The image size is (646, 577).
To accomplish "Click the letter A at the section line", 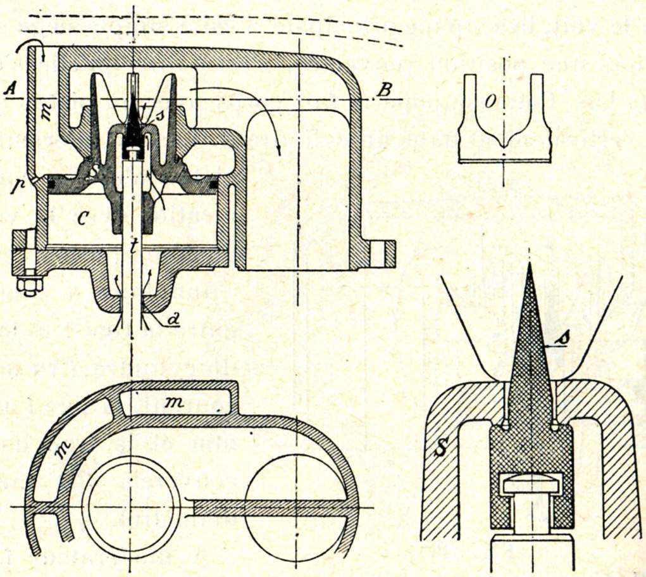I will point(9,91).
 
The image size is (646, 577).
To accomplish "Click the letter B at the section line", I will point(382,90).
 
